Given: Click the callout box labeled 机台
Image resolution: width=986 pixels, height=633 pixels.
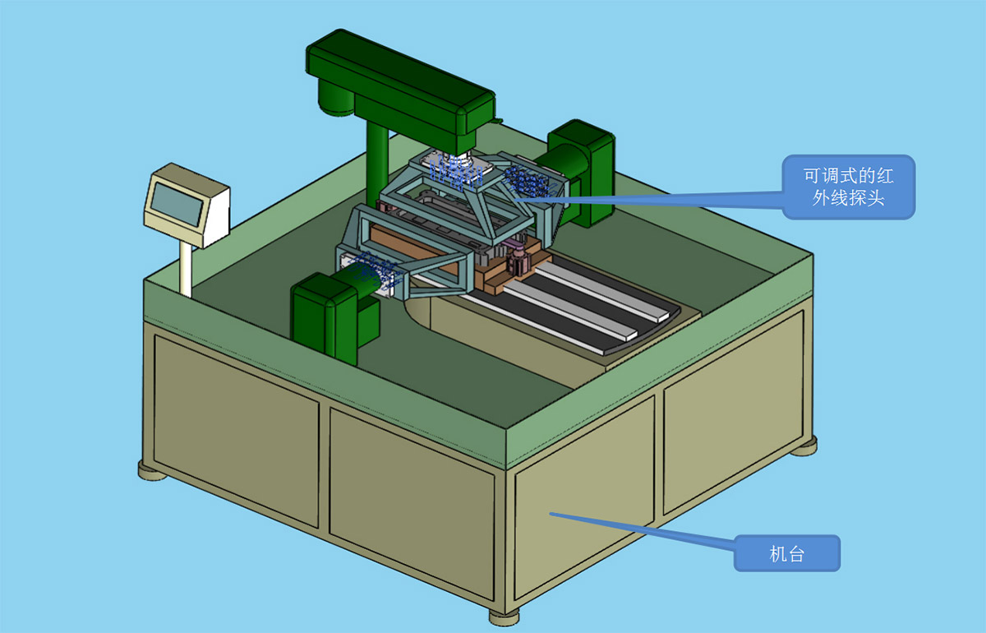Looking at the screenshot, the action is pos(787,553).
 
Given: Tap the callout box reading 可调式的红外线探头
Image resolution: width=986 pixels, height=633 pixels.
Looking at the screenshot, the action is pos(848,187).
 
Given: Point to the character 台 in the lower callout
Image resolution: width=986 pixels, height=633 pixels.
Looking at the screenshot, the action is pos(796,554).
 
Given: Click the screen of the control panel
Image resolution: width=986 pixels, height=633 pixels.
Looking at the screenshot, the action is pos(177,205).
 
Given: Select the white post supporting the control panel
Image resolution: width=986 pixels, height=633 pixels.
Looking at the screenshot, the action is pos(186,269).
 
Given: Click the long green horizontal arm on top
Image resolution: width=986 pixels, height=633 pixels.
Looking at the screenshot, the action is pos(401,88).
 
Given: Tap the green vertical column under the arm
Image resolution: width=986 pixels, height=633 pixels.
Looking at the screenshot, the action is pos(377,162).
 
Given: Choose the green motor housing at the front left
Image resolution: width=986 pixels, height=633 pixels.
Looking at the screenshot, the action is pos(334,317).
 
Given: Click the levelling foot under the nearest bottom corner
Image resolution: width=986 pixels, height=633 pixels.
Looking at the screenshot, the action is pos(505,617).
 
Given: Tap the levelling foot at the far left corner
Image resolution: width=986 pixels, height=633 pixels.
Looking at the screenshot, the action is pos(152,471).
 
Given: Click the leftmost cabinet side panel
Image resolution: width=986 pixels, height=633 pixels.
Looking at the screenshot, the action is pos(237,432).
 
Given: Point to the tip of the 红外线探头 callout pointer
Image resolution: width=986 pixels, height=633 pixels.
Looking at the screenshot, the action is pos(516,200).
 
